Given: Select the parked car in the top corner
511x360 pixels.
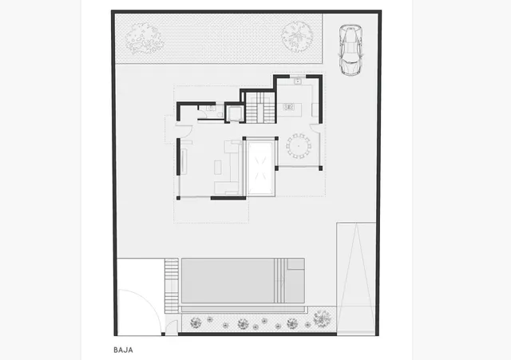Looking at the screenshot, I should coord(349,50).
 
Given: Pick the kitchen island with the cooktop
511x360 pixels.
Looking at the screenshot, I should coord(289,106).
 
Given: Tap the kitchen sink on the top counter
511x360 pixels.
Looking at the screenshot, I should coord(296,81).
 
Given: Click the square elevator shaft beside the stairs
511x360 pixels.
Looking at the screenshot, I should coord(235,113).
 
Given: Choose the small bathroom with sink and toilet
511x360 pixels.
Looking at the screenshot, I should coord(208,113).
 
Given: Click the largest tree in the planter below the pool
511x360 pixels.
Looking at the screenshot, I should coord(321,319).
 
